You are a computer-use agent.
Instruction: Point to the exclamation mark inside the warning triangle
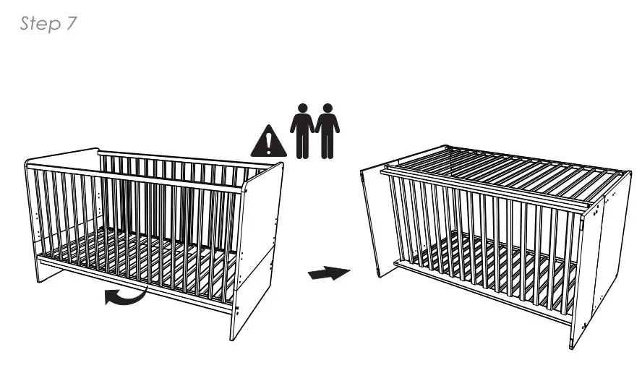(268, 143)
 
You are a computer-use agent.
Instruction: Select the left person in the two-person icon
(302, 131)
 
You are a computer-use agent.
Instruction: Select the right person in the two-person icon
(328, 131)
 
